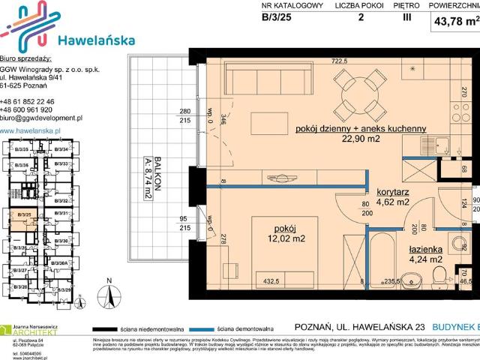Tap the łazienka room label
click(425, 249)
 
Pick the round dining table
click(362, 96)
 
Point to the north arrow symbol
click(109, 296)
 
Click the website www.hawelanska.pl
click(31, 130)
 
